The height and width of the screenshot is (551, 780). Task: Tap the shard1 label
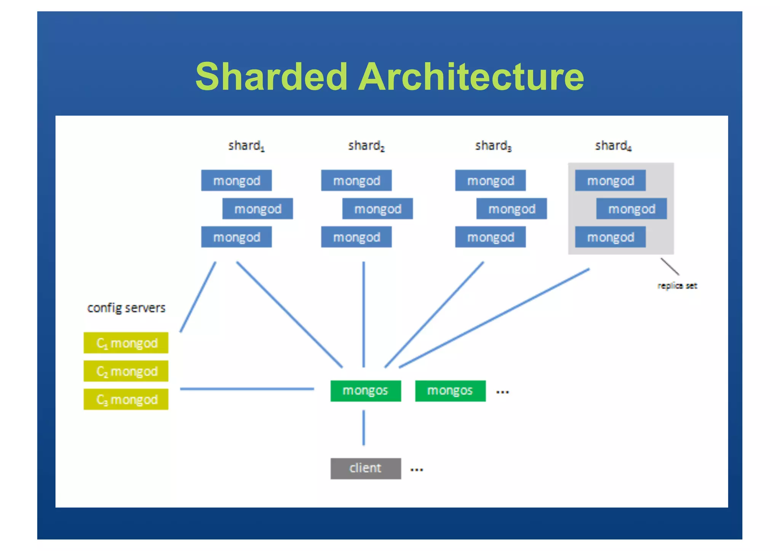coord(246,145)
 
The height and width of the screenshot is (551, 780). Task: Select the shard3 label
coord(493,145)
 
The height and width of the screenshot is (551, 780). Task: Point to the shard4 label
coord(613,145)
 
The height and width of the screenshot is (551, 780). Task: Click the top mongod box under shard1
coord(237,180)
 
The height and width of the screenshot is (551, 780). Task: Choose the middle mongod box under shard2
coord(377,209)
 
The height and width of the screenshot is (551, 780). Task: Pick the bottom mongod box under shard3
coord(491,237)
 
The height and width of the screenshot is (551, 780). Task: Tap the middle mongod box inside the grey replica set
coord(631,209)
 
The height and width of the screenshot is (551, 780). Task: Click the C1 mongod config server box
coord(126,343)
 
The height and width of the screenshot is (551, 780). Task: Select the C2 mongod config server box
coord(126,371)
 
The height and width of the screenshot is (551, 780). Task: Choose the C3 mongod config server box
coord(126,399)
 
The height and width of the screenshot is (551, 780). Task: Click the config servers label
coord(126,308)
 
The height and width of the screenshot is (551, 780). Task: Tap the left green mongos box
coord(366,391)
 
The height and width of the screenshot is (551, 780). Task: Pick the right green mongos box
coord(450,391)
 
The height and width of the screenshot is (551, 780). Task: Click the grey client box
coord(366,468)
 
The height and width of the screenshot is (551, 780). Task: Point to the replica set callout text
coord(677,286)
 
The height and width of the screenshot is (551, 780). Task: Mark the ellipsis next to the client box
coord(417,470)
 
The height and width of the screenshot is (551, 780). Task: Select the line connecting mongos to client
coord(364,427)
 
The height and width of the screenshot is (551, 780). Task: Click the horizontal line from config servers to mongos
coord(247,389)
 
